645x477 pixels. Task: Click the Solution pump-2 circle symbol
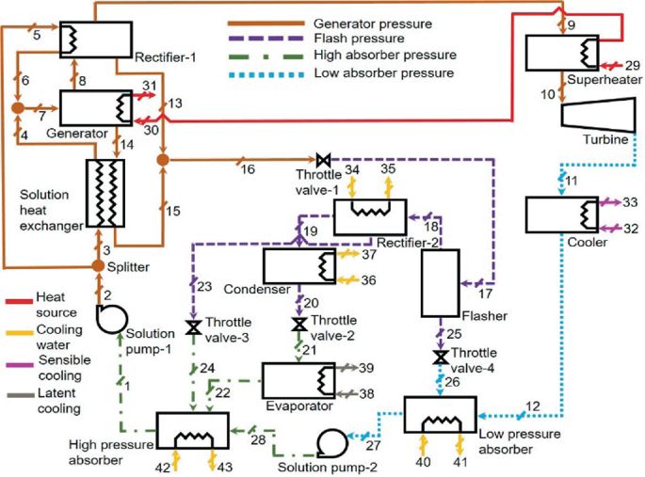point(331,440)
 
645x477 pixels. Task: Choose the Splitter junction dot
point(99,267)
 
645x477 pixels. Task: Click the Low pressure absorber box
point(441,414)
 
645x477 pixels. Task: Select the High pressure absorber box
point(194,433)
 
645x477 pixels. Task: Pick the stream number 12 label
point(533,405)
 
